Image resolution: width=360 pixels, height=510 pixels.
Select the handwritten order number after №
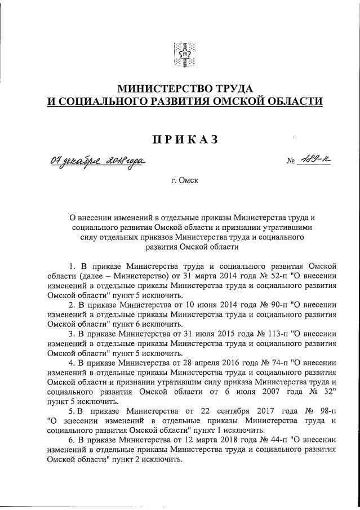315,162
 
